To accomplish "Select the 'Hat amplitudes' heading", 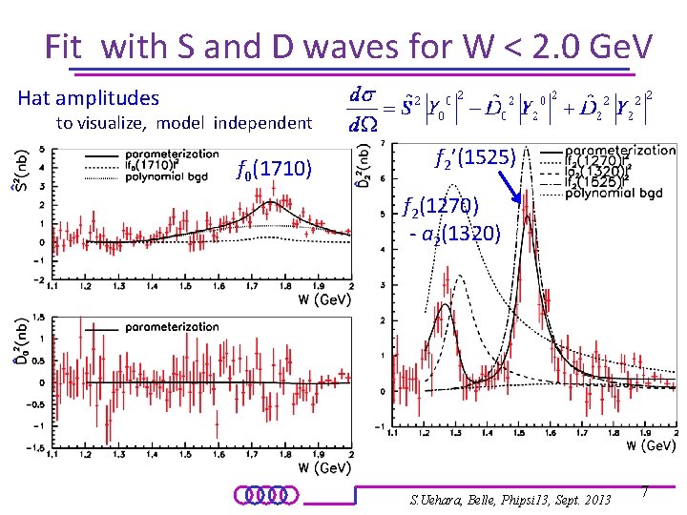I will pyautogui.click(x=89, y=97).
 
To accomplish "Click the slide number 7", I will pyautogui.click(x=645, y=491).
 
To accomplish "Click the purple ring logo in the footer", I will pyautogui.click(x=266, y=495).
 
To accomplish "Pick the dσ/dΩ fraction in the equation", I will pyautogui.click(x=363, y=110).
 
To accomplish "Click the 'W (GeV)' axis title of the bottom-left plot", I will pyautogui.click(x=324, y=467).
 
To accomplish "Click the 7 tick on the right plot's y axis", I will pyautogui.click(x=382, y=143).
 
